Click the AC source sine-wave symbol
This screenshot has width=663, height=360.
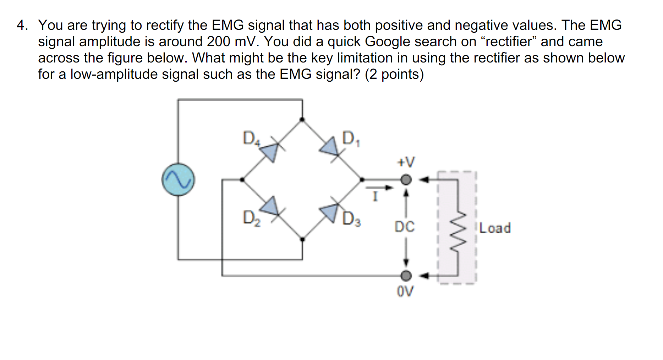(178, 179)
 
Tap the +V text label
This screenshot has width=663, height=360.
(405, 162)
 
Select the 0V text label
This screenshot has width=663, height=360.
(405, 291)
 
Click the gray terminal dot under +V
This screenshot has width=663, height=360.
(406, 180)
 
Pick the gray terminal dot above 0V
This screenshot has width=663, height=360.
(406, 276)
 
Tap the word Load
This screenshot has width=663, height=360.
(495, 228)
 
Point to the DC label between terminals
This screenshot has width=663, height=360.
(405, 227)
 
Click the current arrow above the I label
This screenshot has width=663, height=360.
(380, 187)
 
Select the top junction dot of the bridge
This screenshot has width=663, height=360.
(302, 120)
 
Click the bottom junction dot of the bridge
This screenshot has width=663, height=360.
(302, 240)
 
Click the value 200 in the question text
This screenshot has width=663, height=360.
(219, 42)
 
